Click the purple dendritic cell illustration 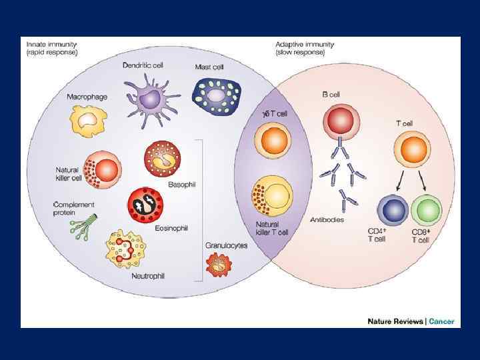(x=152, y=98)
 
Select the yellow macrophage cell (x=88, y=121)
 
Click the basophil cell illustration (x=162, y=158)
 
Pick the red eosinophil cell (x=145, y=205)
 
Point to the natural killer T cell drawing (x=271, y=195)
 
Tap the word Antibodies (x=327, y=220)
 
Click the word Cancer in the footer (x=441, y=321)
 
